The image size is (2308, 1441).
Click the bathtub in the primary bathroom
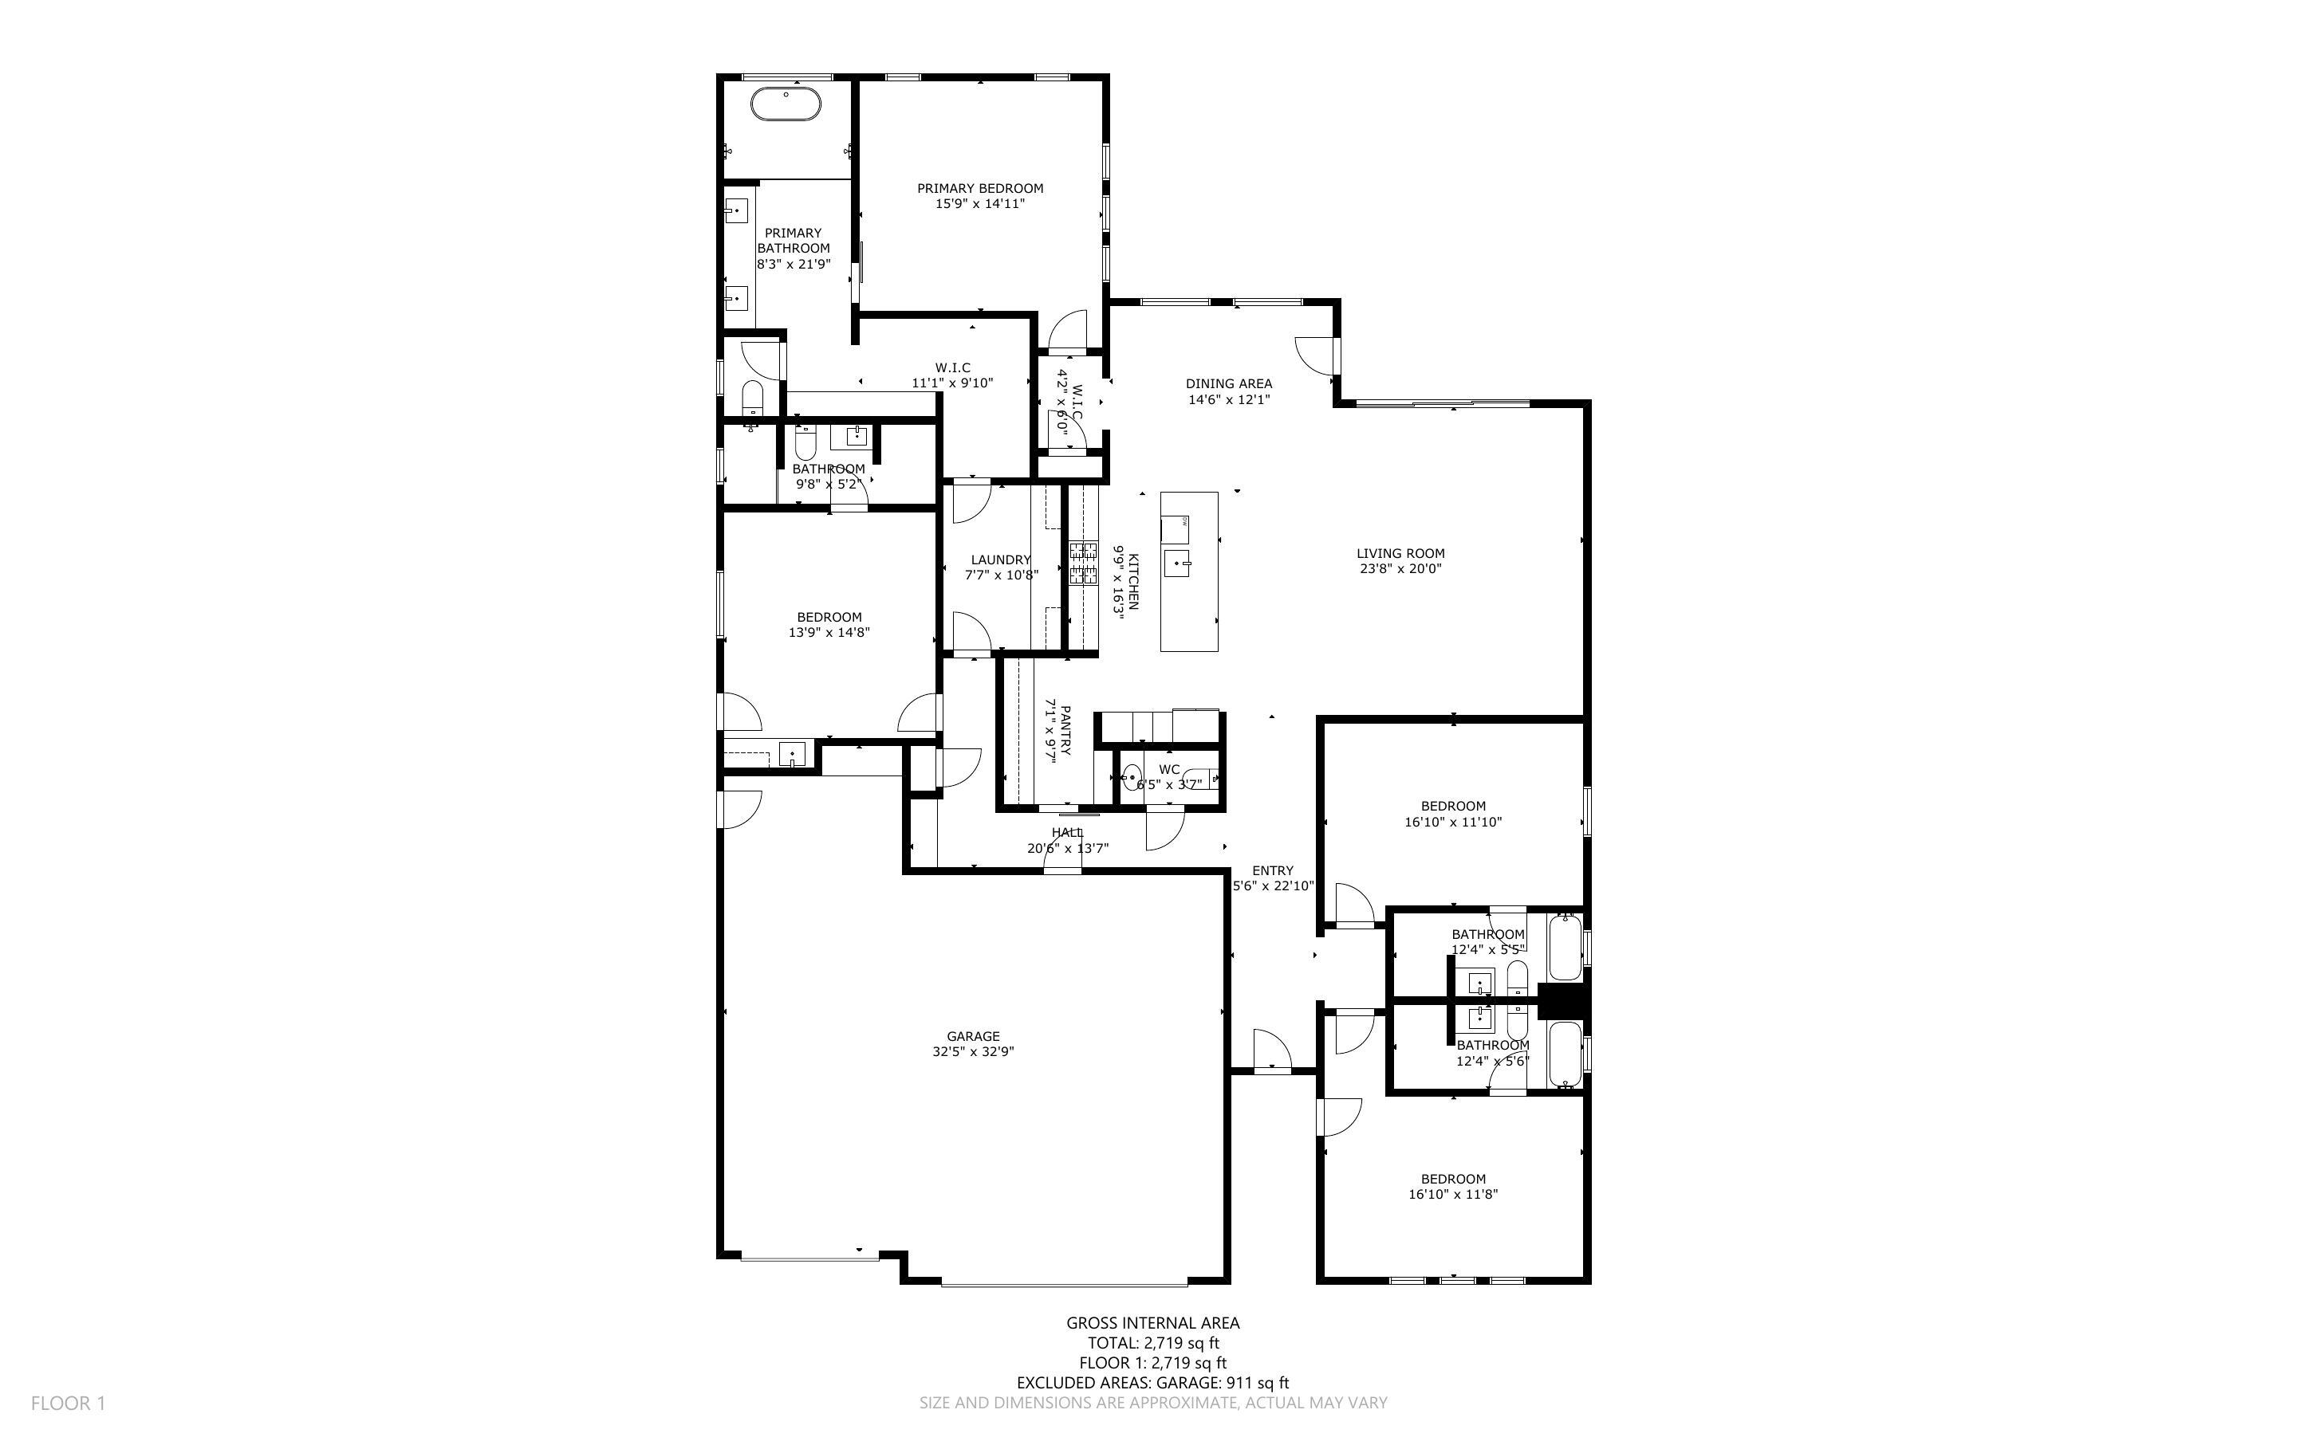[x=786, y=104]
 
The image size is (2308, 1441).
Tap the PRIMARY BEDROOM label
[x=980, y=189]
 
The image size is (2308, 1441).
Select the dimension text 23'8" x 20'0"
[x=1400, y=569]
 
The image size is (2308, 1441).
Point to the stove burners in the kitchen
[x=1083, y=563]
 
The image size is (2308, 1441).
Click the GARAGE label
[x=973, y=1036]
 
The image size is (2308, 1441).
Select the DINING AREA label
[x=1229, y=384]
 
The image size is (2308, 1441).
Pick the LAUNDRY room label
[x=1001, y=560]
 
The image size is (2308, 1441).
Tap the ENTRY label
[x=1273, y=870]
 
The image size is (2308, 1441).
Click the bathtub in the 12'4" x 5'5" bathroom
[x=1565, y=948]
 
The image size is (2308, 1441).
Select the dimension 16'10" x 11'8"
[x=1453, y=1194]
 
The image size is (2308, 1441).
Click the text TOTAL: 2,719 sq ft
[x=1153, y=1343]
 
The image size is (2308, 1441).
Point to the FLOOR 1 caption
[x=68, y=1403]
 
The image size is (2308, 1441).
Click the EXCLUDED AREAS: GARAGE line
[x=1152, y=1383]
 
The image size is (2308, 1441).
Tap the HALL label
[x=1067, y=832]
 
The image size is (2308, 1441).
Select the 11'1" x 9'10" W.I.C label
[x=952, y=383]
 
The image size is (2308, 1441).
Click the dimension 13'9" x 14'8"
[x=829, y=632]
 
